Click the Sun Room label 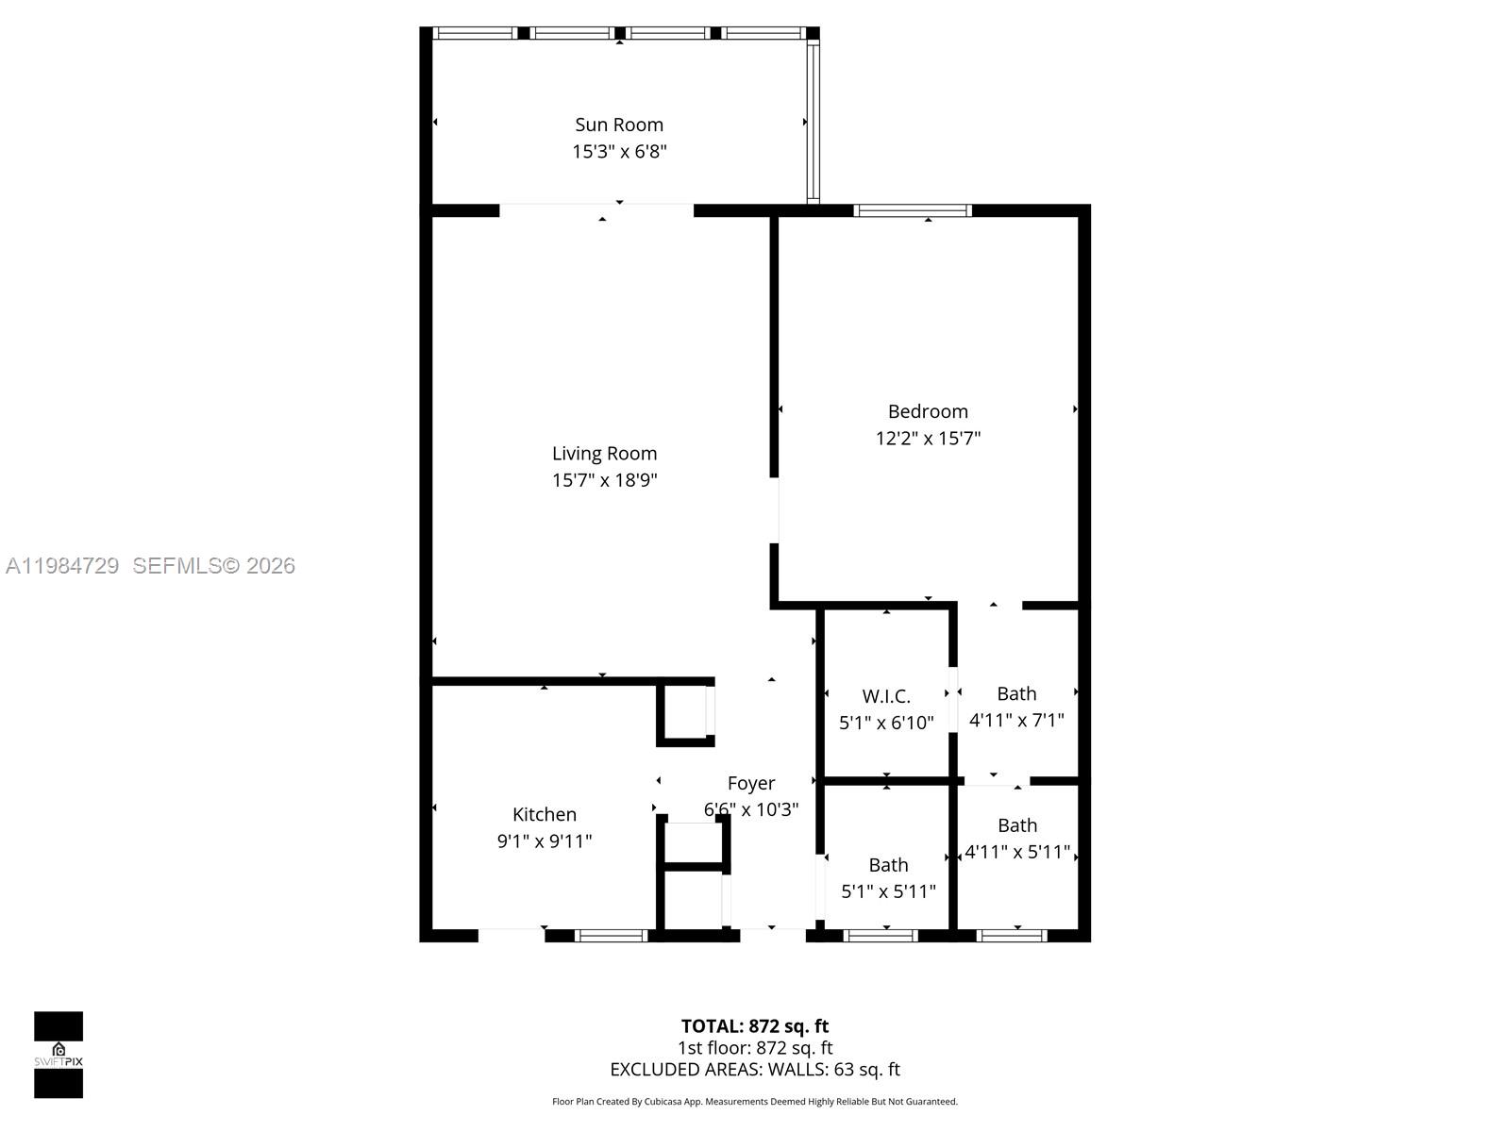(619, 125)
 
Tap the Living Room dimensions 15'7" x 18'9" (604, 480)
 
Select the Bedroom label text (928, 411)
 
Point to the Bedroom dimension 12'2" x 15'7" (928, 438)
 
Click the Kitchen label (545, 814)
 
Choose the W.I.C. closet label (886, 696)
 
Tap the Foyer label (751, 783)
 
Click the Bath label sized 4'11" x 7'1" (1016, 693)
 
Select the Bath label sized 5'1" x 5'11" (888, 865)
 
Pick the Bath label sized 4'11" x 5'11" (1017, 825)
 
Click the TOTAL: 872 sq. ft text (755, 1026)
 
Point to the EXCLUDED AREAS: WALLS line (755, 1070)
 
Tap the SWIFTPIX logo (59, 1055)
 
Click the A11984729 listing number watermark (62, 566)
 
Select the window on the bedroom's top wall (913, 210)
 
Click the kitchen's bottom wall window (611, 936)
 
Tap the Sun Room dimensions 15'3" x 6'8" (619, 151)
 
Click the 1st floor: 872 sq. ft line (755, 1048)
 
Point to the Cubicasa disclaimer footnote (755, 1102)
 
